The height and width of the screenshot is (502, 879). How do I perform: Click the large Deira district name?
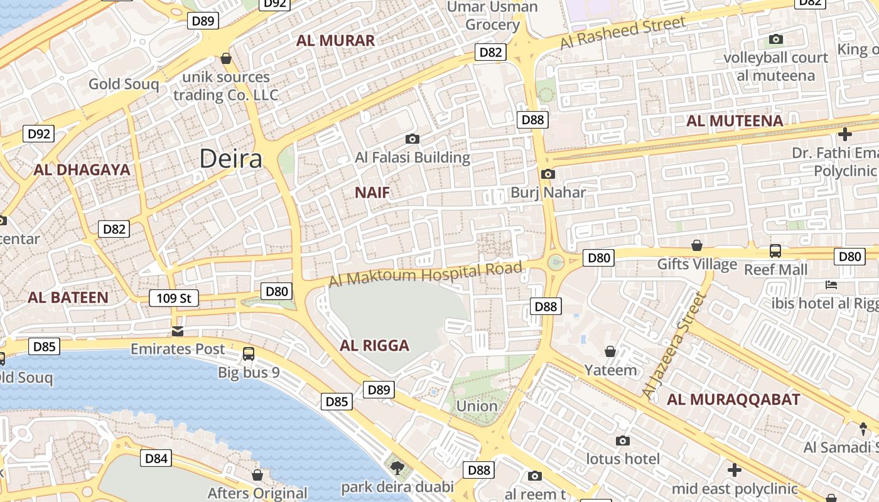230,159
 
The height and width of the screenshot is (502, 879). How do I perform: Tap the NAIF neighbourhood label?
372,193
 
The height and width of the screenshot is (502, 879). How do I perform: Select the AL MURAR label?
335,41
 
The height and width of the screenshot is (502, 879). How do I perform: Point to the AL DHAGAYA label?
82,169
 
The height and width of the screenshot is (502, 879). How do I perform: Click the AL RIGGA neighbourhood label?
374,345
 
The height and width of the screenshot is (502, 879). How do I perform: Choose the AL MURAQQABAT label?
733,399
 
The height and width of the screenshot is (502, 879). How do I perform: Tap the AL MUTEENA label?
735,121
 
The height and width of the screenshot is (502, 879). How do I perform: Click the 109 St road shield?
174,298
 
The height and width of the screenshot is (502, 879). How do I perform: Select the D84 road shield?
156,459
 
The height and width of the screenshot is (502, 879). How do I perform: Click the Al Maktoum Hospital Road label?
426,275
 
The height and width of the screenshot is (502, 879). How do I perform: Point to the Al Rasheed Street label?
623,33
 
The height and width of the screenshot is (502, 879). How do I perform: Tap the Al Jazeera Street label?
671,344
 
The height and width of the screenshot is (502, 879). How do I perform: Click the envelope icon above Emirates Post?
178,331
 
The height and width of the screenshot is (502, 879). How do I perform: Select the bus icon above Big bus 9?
249,354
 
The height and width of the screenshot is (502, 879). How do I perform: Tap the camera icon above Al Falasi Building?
413,139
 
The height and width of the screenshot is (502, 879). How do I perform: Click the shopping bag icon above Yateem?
610,351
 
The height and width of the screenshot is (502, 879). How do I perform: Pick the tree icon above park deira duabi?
397,467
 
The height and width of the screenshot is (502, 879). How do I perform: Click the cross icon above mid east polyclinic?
734,469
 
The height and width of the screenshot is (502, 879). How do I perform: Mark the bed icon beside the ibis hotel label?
831,285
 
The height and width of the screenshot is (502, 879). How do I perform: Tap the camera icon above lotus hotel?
622,441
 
